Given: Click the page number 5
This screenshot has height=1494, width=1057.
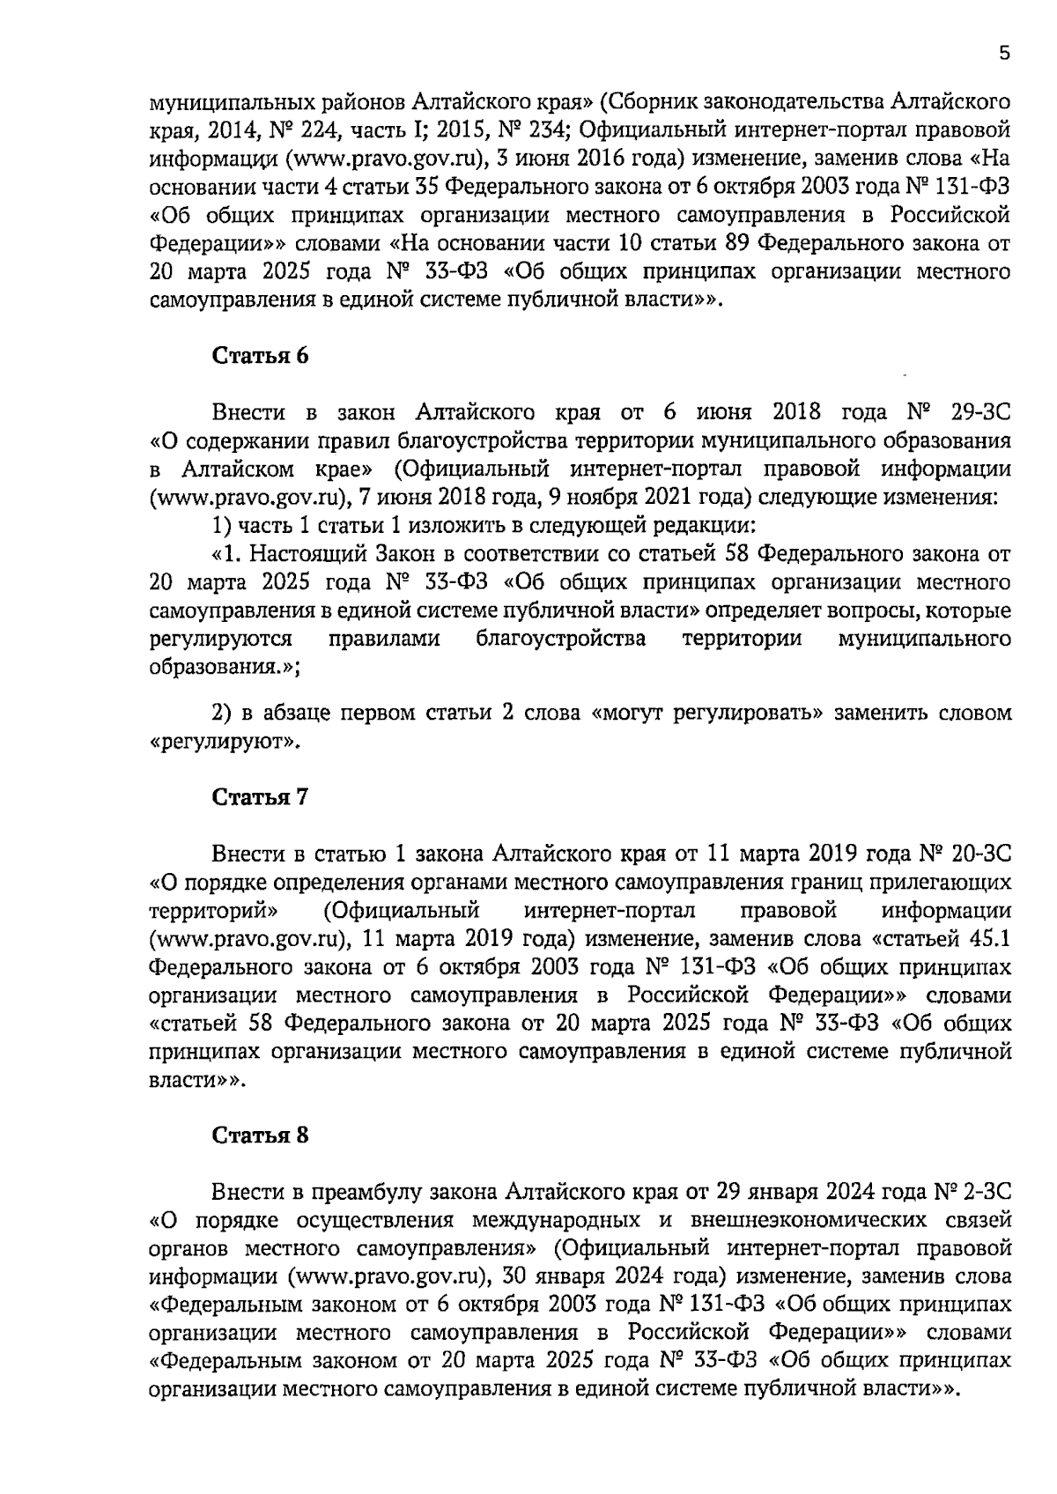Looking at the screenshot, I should point(1004,54).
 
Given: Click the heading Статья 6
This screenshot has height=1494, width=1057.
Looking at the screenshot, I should point(261,356).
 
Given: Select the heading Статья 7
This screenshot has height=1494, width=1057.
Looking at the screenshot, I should point(261,797).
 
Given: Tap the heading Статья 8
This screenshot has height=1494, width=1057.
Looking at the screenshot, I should point(261,1135).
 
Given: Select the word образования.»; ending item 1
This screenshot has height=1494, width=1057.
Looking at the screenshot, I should point(225,667).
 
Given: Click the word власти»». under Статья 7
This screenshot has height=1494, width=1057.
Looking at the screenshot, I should point(196,1079).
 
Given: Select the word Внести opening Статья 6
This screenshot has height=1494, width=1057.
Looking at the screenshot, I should point(250,412).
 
